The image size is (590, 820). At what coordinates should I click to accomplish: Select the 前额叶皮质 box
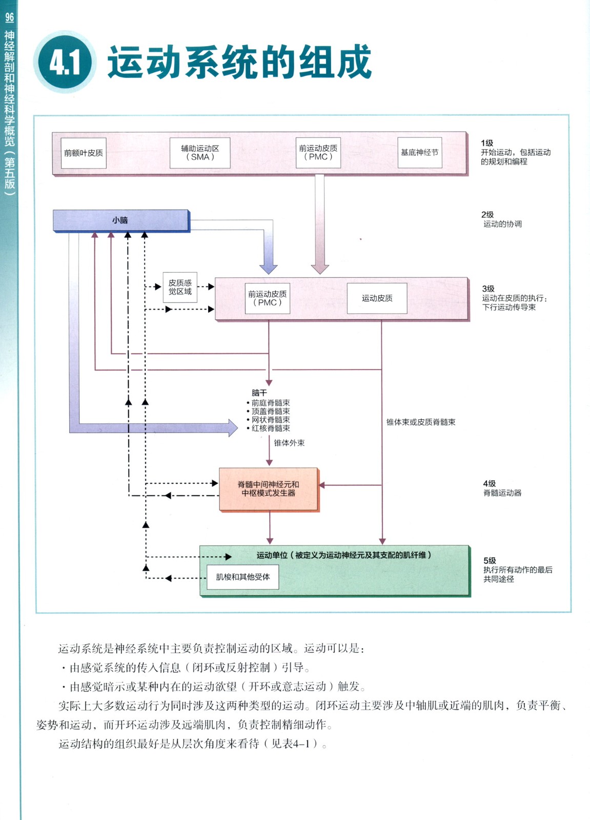click(84, 153)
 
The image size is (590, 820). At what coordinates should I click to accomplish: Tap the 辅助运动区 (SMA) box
click(200, 153)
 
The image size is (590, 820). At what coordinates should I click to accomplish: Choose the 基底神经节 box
click(419, 153)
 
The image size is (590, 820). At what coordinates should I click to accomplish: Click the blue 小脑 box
click(121, 220)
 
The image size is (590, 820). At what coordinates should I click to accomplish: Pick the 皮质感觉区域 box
click(180, 288)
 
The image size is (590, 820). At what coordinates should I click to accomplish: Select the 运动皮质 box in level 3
click(377, 298)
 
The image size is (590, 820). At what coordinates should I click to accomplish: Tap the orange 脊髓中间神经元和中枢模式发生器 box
click(269, 489)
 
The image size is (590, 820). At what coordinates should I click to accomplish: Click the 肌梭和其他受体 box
click(242, 577)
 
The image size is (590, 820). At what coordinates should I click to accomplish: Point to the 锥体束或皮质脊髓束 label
click(421, 422)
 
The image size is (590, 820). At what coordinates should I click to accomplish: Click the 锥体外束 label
click(289, 443)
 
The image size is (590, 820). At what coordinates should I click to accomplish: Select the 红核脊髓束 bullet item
click(270, 428)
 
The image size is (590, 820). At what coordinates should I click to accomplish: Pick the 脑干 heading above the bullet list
click(259, 393)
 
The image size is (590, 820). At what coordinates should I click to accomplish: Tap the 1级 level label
click(487, 143)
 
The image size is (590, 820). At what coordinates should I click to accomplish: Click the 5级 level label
click(490, 561)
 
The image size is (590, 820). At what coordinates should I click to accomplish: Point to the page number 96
click(10, 17)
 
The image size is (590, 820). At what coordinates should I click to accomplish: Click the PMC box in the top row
click(318, 153)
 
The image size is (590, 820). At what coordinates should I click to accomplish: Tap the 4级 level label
click(489, 483)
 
